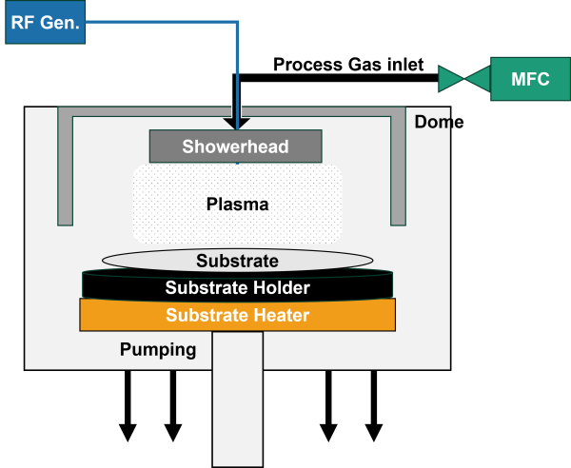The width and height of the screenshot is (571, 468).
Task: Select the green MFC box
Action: [x=530, y=78]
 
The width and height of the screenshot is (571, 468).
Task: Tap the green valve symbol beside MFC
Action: [x=463, y=78]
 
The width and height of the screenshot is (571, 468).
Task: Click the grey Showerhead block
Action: [x=235, y=146]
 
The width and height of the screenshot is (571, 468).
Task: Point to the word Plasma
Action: [x=238, y=204]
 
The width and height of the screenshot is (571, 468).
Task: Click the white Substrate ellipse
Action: [x=237, y=261]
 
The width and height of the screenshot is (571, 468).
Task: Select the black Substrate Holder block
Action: [x=237, y=286]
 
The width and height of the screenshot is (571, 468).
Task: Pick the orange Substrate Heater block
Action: [x=237, y=314]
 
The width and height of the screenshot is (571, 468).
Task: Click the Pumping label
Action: [x=158, y=349]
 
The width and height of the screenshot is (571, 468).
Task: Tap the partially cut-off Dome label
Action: [x=431, y=123]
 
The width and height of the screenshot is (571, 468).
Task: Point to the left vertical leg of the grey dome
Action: [x=66, y=171]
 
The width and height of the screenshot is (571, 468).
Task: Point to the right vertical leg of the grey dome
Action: [x=399, y=171]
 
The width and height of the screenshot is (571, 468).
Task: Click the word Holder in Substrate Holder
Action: [x=280, y=286]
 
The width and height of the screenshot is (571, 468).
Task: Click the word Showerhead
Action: [x=235, y=146]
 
